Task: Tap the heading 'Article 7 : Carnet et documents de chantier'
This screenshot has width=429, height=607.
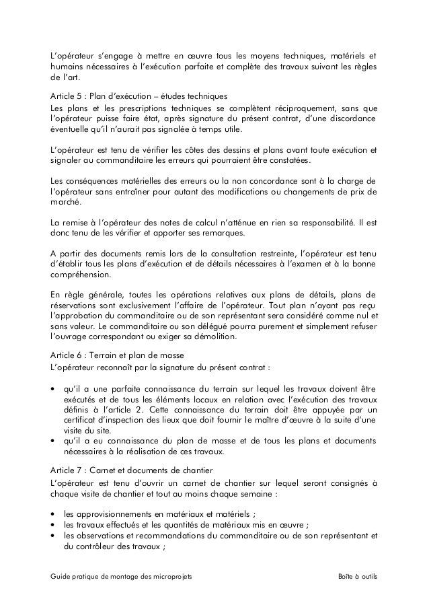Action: pyautogui.click(x=130, y=470)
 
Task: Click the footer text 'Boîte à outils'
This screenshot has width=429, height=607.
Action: pyautogui.click(x=358, y=577)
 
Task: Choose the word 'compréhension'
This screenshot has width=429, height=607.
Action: pyautogui.click(x=82, y=275)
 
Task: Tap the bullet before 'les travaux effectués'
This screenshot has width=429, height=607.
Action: pyautogui.click(x=53, y=525)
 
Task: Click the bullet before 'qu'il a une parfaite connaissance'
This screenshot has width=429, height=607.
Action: pyautogui.click(x=53, y=389)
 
